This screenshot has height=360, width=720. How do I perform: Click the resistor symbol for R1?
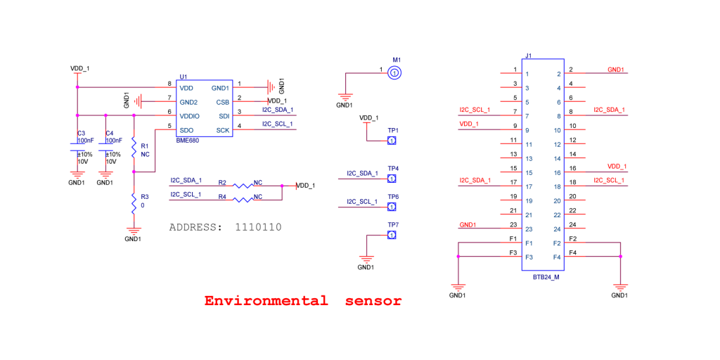click(134, 148)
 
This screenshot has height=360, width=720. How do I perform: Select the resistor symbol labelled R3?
click(133, 202)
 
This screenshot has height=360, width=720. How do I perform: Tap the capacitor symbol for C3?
click(77, 147)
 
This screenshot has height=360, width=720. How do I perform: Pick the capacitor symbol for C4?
click(105, 147)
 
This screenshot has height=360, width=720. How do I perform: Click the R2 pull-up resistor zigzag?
click(243, 186)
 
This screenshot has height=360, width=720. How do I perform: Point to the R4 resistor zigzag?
click(243, 200)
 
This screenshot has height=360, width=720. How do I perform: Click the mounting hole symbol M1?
click(395, 72)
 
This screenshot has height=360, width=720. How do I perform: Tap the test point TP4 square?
click(392, 179)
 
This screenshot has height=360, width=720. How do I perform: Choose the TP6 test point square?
click(392, 207)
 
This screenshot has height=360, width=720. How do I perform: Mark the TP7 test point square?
click(392, 235)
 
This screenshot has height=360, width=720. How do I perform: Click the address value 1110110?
click(258, 227)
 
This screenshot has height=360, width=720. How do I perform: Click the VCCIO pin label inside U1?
click(190, 116)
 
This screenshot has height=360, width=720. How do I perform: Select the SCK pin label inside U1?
click(223, 130)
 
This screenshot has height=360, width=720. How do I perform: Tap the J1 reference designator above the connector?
click(528, 56)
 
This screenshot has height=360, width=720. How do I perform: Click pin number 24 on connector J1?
click(572, 225)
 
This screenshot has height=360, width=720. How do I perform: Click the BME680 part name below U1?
click(188, 141)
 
